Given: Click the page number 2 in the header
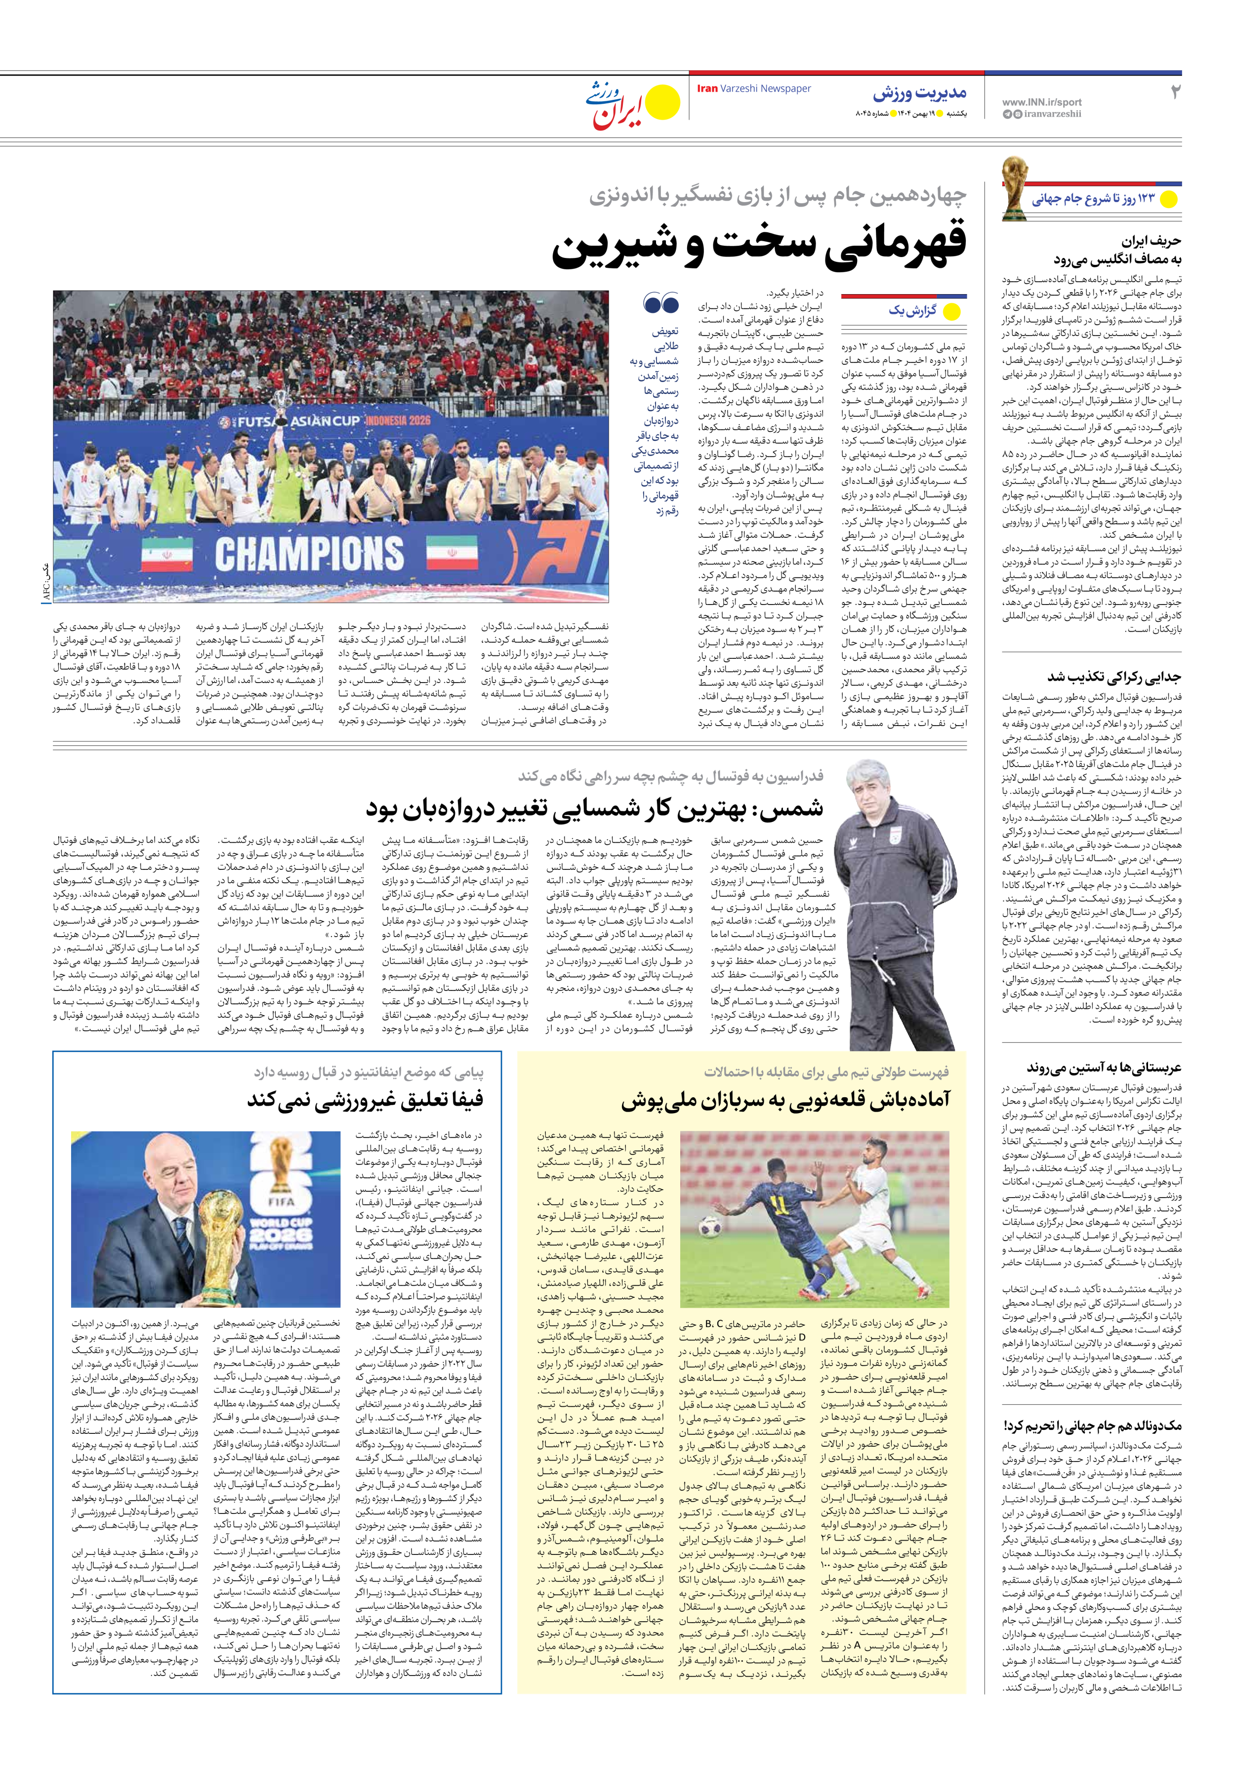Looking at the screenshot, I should coord(1174,92).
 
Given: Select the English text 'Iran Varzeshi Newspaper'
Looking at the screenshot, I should coord(753,89).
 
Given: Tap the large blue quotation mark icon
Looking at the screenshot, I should coord(661,303).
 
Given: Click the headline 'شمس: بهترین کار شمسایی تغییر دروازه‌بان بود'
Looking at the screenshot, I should coord(594,808).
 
